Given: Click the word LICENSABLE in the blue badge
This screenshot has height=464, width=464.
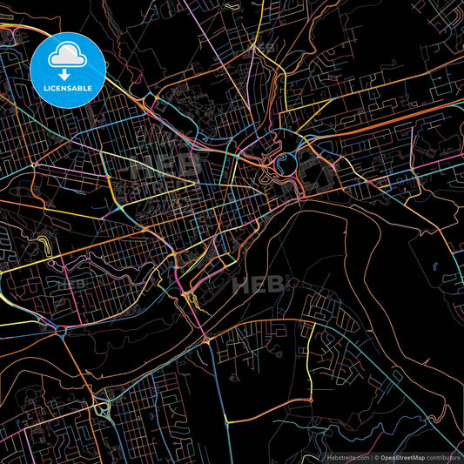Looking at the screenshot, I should tap(68, 87).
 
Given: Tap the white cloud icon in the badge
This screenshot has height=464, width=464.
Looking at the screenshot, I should tap(68, 57).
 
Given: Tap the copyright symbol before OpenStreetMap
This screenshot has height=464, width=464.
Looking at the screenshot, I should tap(373, 456).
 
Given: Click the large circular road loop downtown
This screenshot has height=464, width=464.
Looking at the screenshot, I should tap(284, 162).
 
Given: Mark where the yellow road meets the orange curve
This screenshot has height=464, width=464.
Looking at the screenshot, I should tap(306, 325).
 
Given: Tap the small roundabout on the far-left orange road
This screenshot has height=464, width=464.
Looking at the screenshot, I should tap(34, 165).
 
